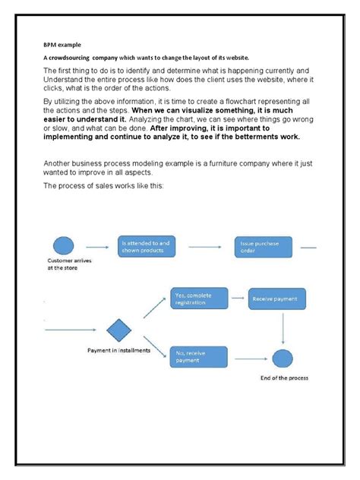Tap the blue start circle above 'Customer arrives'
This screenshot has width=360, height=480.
click(x=62, y=246)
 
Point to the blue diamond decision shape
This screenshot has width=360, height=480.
click(x=118, y=330)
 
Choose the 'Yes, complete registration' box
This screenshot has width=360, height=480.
click(x=197, y=298)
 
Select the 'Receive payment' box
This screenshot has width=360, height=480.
click(x=277, y=299)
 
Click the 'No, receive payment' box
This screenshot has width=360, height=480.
click(x=197, y=356)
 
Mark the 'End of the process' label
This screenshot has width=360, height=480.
click(x=289, y=378)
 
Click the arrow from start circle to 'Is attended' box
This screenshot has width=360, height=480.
click(x=97, y=247)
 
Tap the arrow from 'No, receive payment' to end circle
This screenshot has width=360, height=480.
click(x=248, y=356)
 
